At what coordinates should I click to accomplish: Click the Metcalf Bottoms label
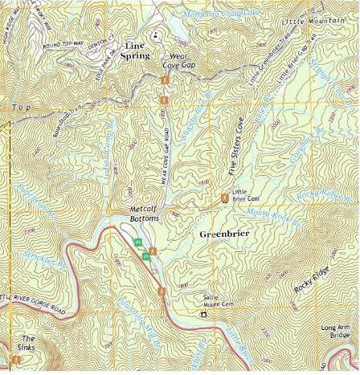(x=145, y=214)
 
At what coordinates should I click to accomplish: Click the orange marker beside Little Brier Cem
(x=224, y=197)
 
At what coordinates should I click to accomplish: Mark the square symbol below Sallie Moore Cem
(x=203, y=314)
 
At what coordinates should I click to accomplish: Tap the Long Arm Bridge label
(x=336, y=331)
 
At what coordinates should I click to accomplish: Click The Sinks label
(x=28, y=342)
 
